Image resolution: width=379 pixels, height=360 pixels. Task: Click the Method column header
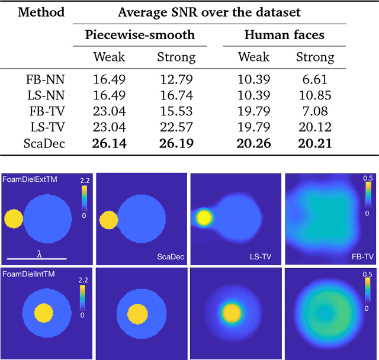(x=41, y=12)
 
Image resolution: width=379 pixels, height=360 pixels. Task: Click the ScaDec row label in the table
(x=44, y=142)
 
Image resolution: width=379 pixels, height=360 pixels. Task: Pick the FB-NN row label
(x=45, y=79)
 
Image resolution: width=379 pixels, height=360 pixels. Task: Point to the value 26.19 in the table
(x=176, y=142)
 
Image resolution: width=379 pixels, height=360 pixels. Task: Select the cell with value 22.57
(x=176, y=126)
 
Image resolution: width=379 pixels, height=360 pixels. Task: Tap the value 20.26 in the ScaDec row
(x=253, y=142)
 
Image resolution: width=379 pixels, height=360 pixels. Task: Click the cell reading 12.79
(x=176, y=79)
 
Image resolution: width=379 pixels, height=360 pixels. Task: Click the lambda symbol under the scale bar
(x=39, y=253)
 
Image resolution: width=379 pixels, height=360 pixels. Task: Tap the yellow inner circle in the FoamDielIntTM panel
(x=42, y=312)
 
